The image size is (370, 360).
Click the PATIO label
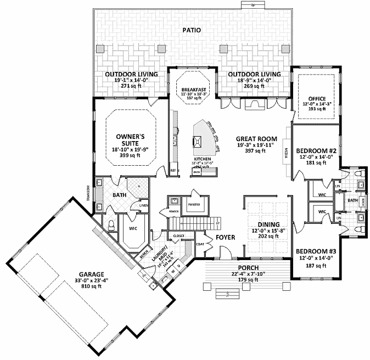pyautogui.click(x=192, y=30)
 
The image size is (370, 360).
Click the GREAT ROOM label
pyautogui.click(x=256, y=138)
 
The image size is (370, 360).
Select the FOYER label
pyautogui.click(x=225, y=238)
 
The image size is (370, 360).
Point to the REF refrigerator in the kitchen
pyautogui.click(x=172, y=171)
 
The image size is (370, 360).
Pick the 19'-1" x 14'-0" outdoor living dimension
pyautogui.click(x=131, y=80)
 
